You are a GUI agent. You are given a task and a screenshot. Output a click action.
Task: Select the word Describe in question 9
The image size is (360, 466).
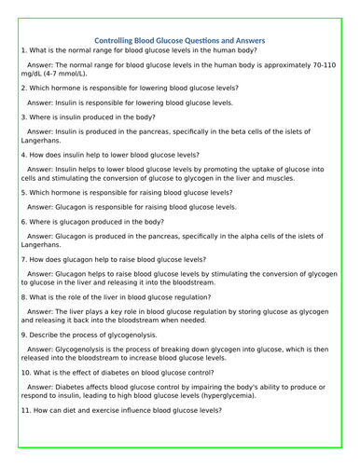pyautogui.click(x=45, y=334)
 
